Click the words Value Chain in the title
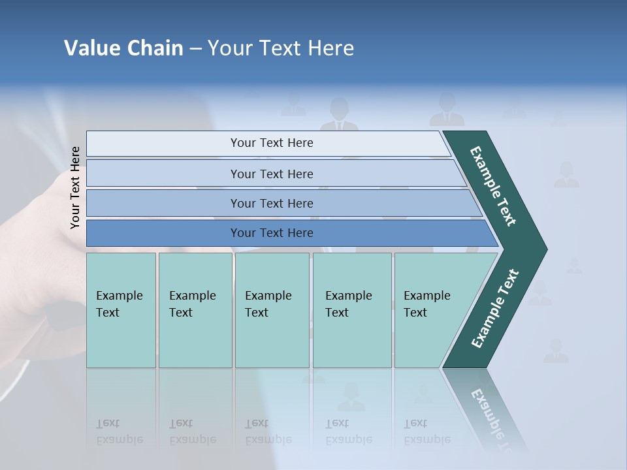pos(123,48)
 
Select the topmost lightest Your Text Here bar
pos(272,143)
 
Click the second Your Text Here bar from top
pos(272,174)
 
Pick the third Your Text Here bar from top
pos(272,203)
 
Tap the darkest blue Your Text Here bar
pos(272,233)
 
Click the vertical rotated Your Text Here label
pos(75,187)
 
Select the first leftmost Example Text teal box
pos(121,310)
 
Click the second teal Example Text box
pos(195,310)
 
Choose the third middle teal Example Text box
pos(272,310)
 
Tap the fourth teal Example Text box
pos(352,310)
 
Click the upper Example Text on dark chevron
pos(494,186)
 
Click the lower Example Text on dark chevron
pos(495,309)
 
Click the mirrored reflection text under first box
pos(120,432)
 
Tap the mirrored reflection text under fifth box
pos(426,432)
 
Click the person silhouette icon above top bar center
pos(339,115)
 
